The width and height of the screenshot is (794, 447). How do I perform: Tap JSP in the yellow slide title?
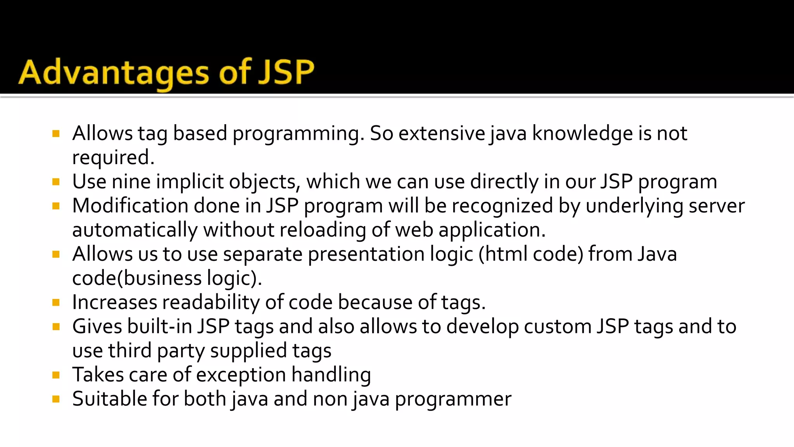pos(286,73)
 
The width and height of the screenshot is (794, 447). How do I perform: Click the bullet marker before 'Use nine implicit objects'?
pos(56,182)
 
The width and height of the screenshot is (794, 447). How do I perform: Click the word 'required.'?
pos(113,158)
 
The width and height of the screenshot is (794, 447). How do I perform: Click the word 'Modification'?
pos(130,206)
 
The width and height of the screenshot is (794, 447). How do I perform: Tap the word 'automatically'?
pos(135,230)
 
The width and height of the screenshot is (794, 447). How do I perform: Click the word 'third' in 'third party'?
pos(129,350)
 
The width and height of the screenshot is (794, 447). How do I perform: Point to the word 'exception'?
pos(241,375)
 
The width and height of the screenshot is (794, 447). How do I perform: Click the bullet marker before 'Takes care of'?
pos(56,375)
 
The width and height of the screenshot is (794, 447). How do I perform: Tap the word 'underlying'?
pos(634,206)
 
